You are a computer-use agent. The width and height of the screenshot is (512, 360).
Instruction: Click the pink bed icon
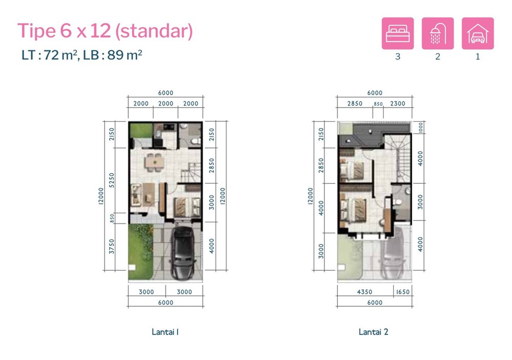click(398, 33)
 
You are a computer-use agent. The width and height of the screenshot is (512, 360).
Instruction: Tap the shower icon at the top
click(438, 33)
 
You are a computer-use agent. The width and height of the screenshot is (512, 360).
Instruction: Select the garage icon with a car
click(478, 33)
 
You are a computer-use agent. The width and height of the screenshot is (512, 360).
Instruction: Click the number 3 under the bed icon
click(398, 56)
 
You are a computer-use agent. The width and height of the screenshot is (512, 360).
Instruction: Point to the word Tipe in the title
click(36, 31)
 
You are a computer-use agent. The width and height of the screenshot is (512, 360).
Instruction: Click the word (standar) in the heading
click(154, 31)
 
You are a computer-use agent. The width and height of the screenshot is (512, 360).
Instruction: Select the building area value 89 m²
click(124, 55)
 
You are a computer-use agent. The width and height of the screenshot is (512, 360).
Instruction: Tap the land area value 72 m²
click(61, 55)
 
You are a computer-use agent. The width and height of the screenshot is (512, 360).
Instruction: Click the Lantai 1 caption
click(165, 332)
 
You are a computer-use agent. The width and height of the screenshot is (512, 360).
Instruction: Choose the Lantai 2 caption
click(374, 332)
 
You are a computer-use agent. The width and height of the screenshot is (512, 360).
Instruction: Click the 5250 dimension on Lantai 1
click(112, 180)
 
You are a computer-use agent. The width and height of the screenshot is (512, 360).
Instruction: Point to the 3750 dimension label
click(112, 246)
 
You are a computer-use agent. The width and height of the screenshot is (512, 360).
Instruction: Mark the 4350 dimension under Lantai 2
click(365, 292)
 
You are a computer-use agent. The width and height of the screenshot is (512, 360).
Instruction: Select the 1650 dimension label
click(402, 292)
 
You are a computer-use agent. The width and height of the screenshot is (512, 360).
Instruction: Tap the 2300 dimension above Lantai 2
click(398, 103)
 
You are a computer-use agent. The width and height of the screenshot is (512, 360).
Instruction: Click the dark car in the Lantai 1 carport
click(183, 252)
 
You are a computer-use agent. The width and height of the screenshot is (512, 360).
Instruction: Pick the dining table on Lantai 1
click(155, 162)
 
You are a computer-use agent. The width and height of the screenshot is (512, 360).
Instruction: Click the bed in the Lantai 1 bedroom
click(187, 207)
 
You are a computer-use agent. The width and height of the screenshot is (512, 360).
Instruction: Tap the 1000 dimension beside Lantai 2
click(420, 128)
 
